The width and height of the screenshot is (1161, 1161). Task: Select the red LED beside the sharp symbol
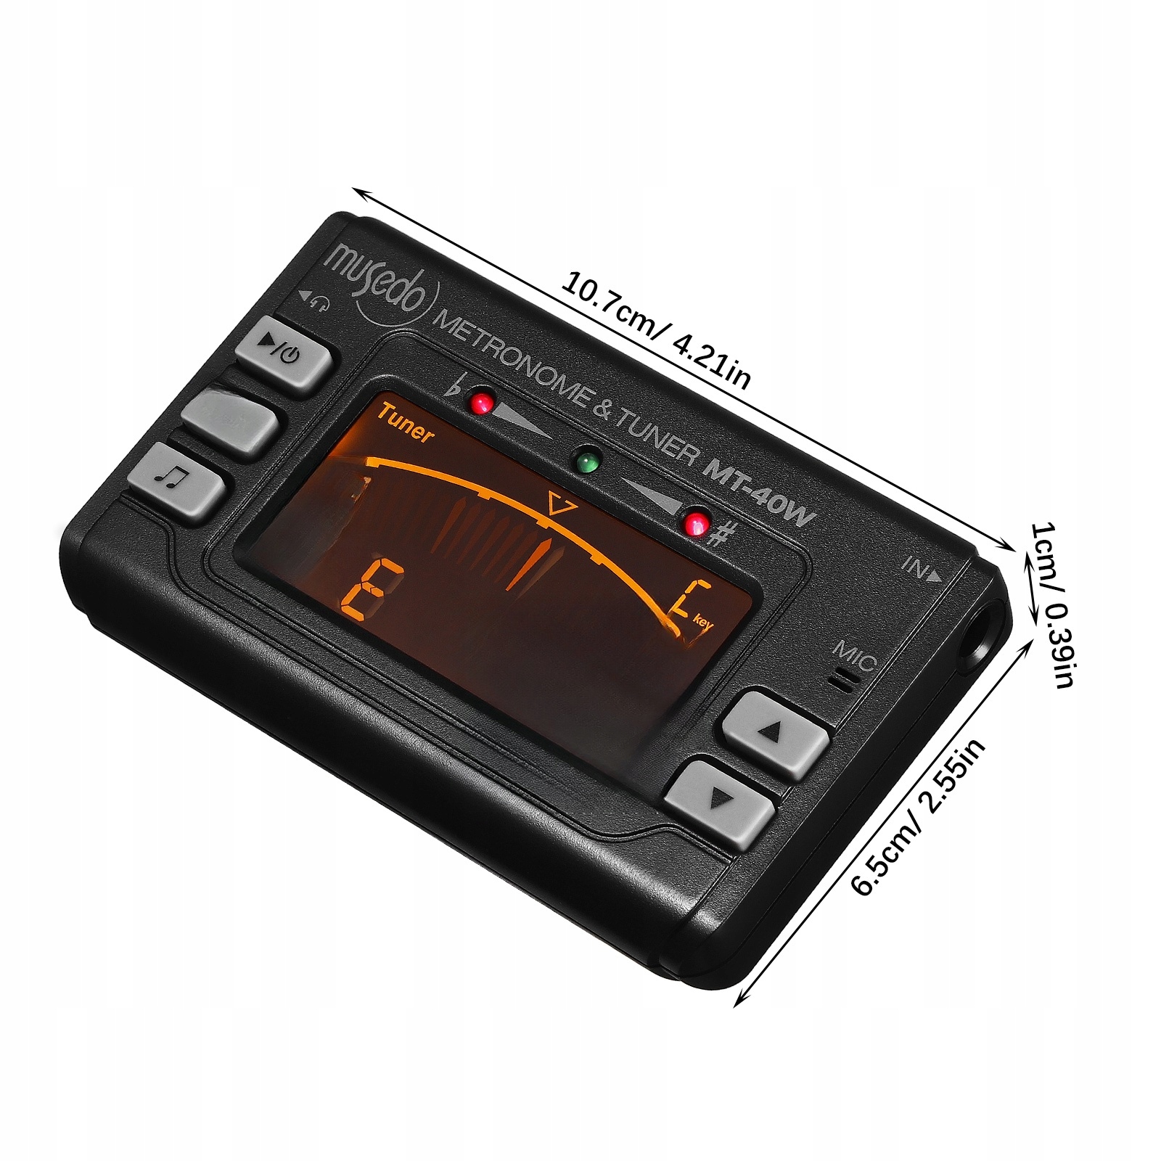coord(697,522)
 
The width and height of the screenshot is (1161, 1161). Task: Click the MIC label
coord(855,655)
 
